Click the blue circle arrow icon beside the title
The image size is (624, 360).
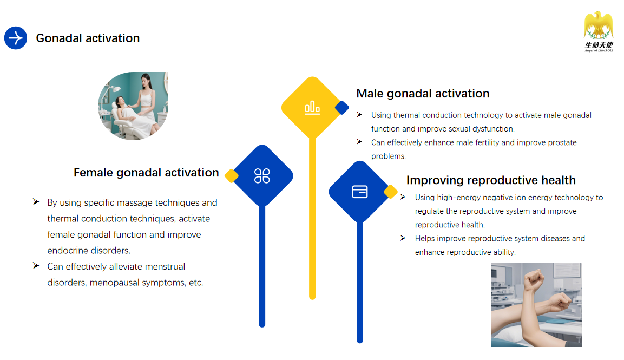point(16,38)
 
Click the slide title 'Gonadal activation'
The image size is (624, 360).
point(88,38)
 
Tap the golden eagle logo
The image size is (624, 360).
point(599,25)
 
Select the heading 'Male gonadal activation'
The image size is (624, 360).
point(423,93)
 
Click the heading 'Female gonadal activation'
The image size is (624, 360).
point(146,173)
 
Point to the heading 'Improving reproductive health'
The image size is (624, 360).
point(491,180)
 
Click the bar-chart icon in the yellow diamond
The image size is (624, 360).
point(312,108)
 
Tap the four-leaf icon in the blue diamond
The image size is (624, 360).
point(262,175)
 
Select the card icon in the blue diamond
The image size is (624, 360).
point(360,192)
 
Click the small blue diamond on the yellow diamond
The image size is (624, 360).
point(342,108)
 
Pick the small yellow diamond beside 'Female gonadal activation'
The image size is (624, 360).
point(231,175)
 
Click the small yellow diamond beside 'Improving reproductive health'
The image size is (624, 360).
point(390,192)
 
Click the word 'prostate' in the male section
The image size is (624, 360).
point(562,142)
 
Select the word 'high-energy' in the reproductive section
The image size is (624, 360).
point(459,198)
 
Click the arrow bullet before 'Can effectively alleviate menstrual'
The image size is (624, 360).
point(36,266)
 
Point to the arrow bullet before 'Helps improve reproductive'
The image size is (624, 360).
point(403,238)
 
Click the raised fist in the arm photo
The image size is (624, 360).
point(534,279)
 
